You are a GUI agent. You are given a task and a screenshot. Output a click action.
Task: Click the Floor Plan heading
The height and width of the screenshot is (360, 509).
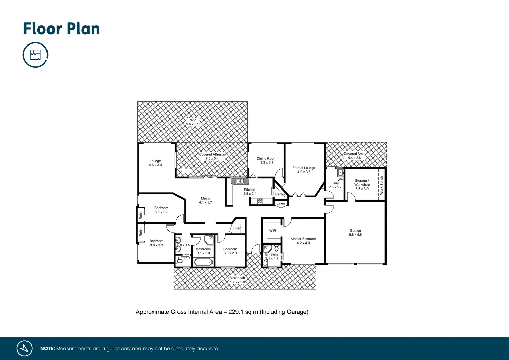pyautogui.click(x=61, y=29)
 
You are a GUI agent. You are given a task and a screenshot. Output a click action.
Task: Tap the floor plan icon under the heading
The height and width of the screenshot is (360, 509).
pyautogui.click(x=35, y=55)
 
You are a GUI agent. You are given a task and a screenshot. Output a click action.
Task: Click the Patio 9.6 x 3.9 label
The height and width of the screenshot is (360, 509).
pyautogui.click(x=192, y=122)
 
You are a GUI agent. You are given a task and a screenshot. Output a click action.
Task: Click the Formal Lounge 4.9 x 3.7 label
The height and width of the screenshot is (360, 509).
pyautogui.click(x=304, y=170)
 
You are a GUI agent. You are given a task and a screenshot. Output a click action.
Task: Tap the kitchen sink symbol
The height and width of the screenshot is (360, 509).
pyautogui.click(x=240, y=181)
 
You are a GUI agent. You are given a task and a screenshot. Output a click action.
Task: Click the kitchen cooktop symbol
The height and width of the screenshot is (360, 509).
pyautogui.click(x=260, y=201)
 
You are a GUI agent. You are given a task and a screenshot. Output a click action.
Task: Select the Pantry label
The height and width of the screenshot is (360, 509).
pyautogui.click(x=280, y=194)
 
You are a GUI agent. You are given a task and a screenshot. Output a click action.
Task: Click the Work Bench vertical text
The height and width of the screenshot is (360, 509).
pyautogui.click(x=382, y=185)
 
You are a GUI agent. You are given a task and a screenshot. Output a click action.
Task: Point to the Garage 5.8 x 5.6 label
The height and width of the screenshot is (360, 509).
pyautogui.click(x=355, y=232)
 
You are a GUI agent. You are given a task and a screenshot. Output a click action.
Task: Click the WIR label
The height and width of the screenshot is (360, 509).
pyautogui.click(x=272, y=231)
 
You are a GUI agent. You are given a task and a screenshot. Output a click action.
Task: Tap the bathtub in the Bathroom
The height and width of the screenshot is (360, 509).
pyautogui.click(x=203, y=262)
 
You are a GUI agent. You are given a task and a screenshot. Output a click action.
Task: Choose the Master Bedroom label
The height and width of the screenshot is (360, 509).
pyautogui.click(x=303, y=241)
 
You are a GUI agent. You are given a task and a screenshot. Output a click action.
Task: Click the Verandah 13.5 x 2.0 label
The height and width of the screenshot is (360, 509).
pyautogui.click(x=238, y=280)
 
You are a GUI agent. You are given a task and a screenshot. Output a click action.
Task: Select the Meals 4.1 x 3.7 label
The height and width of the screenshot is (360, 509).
pyautogui.click(x=205, y=200)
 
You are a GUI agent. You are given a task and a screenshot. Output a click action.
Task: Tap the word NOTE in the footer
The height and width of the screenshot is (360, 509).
pyautogui.click(x=47, y=349)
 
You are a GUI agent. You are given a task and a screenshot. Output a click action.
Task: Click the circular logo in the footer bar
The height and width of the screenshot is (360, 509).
pyautogui.click(x=24, y=348)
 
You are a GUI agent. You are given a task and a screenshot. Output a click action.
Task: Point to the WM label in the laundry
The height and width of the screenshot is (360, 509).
pyautogui.click(x=340, y=180)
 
